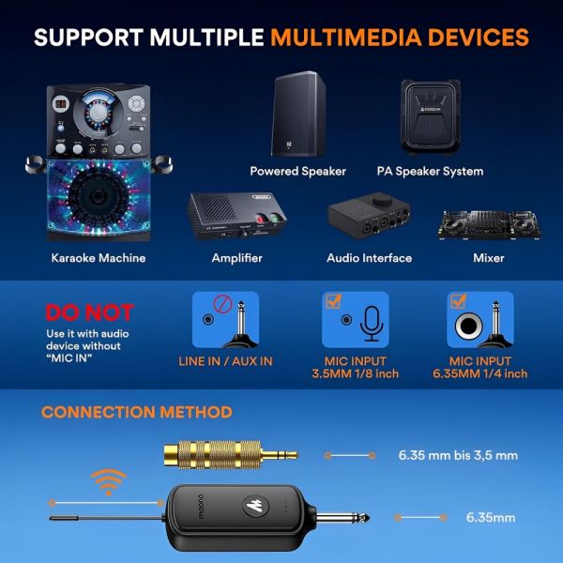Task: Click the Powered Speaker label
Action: click(297, 172)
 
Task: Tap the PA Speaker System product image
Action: click(430, 117)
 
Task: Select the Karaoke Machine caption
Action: click(99, 258)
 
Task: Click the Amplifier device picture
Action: click(237, 216)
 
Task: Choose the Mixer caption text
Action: click(488, 258)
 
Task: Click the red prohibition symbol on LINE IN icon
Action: click(222, 304)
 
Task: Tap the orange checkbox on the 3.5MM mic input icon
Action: click(333, 300)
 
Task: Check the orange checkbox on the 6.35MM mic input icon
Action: click(458, 300)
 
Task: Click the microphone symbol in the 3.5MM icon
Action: click(372, 324)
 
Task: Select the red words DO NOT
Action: click(89, 312)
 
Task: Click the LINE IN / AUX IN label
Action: click(225, 361)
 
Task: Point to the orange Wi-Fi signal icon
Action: click(109, 482)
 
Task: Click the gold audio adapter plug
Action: click(231, 455)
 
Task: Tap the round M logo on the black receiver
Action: click(253, 506)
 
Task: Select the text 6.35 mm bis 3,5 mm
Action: click(458, 455)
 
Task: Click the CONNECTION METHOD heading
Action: click(137, 412)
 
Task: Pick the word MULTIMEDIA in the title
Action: click(345, 38)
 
